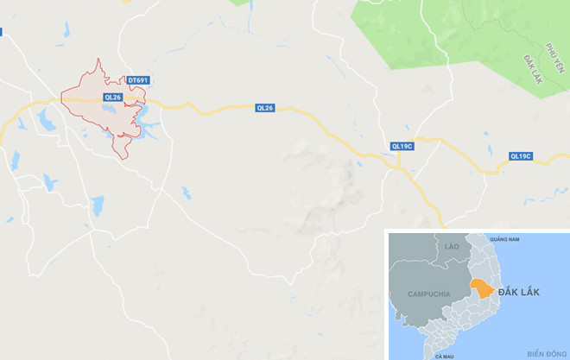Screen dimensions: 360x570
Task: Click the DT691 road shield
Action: tap(138, 80)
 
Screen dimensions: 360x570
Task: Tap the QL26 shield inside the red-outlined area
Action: tap(113, 98)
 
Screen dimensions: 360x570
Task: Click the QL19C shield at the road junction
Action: tap(402, 146)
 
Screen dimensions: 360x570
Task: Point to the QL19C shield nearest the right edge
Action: tap(520, 156)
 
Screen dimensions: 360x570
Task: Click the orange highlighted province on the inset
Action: tap(480, 290)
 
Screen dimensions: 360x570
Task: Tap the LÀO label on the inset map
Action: tap(452, 247)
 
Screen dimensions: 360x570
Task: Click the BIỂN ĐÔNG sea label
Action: tap(544, 353)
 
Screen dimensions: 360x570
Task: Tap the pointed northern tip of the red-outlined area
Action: tap(99, 60)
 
